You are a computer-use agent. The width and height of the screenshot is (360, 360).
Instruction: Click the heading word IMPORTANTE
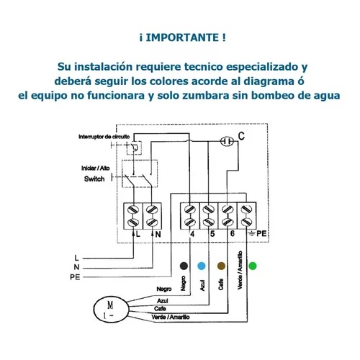point(182,37)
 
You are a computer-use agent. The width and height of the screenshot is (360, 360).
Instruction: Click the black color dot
point(184,266)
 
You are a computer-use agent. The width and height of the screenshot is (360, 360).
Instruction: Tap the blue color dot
point(202,266)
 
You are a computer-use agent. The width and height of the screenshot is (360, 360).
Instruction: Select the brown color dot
point(221,266)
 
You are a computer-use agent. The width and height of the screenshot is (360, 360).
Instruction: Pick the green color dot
point(253,266)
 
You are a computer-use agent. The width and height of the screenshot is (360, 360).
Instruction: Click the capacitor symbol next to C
point(227,141)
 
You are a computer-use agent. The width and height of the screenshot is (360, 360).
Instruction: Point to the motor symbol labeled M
point(111,309)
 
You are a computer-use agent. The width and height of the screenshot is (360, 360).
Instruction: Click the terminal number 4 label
point(192,234)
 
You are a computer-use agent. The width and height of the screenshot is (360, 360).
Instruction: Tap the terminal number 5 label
point(212,233)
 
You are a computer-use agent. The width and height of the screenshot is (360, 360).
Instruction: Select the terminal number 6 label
point(232,233)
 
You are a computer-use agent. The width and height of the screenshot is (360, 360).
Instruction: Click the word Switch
point(94,179)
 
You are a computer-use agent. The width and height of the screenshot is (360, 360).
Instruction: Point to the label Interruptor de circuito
point(104,137)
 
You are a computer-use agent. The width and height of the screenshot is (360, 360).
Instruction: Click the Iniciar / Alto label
point(95,168)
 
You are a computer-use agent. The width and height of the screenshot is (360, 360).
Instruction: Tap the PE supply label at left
point(75,277)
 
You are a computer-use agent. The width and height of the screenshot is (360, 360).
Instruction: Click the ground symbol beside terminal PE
point(251,233)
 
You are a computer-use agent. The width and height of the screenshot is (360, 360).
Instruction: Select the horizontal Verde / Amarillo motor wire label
point(171,318)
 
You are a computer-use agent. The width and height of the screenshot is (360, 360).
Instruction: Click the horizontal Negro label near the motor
point(164,289)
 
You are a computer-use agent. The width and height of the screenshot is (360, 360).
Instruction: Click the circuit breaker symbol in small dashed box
point(134,148)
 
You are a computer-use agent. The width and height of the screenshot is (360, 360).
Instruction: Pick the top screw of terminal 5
point(208,210)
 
